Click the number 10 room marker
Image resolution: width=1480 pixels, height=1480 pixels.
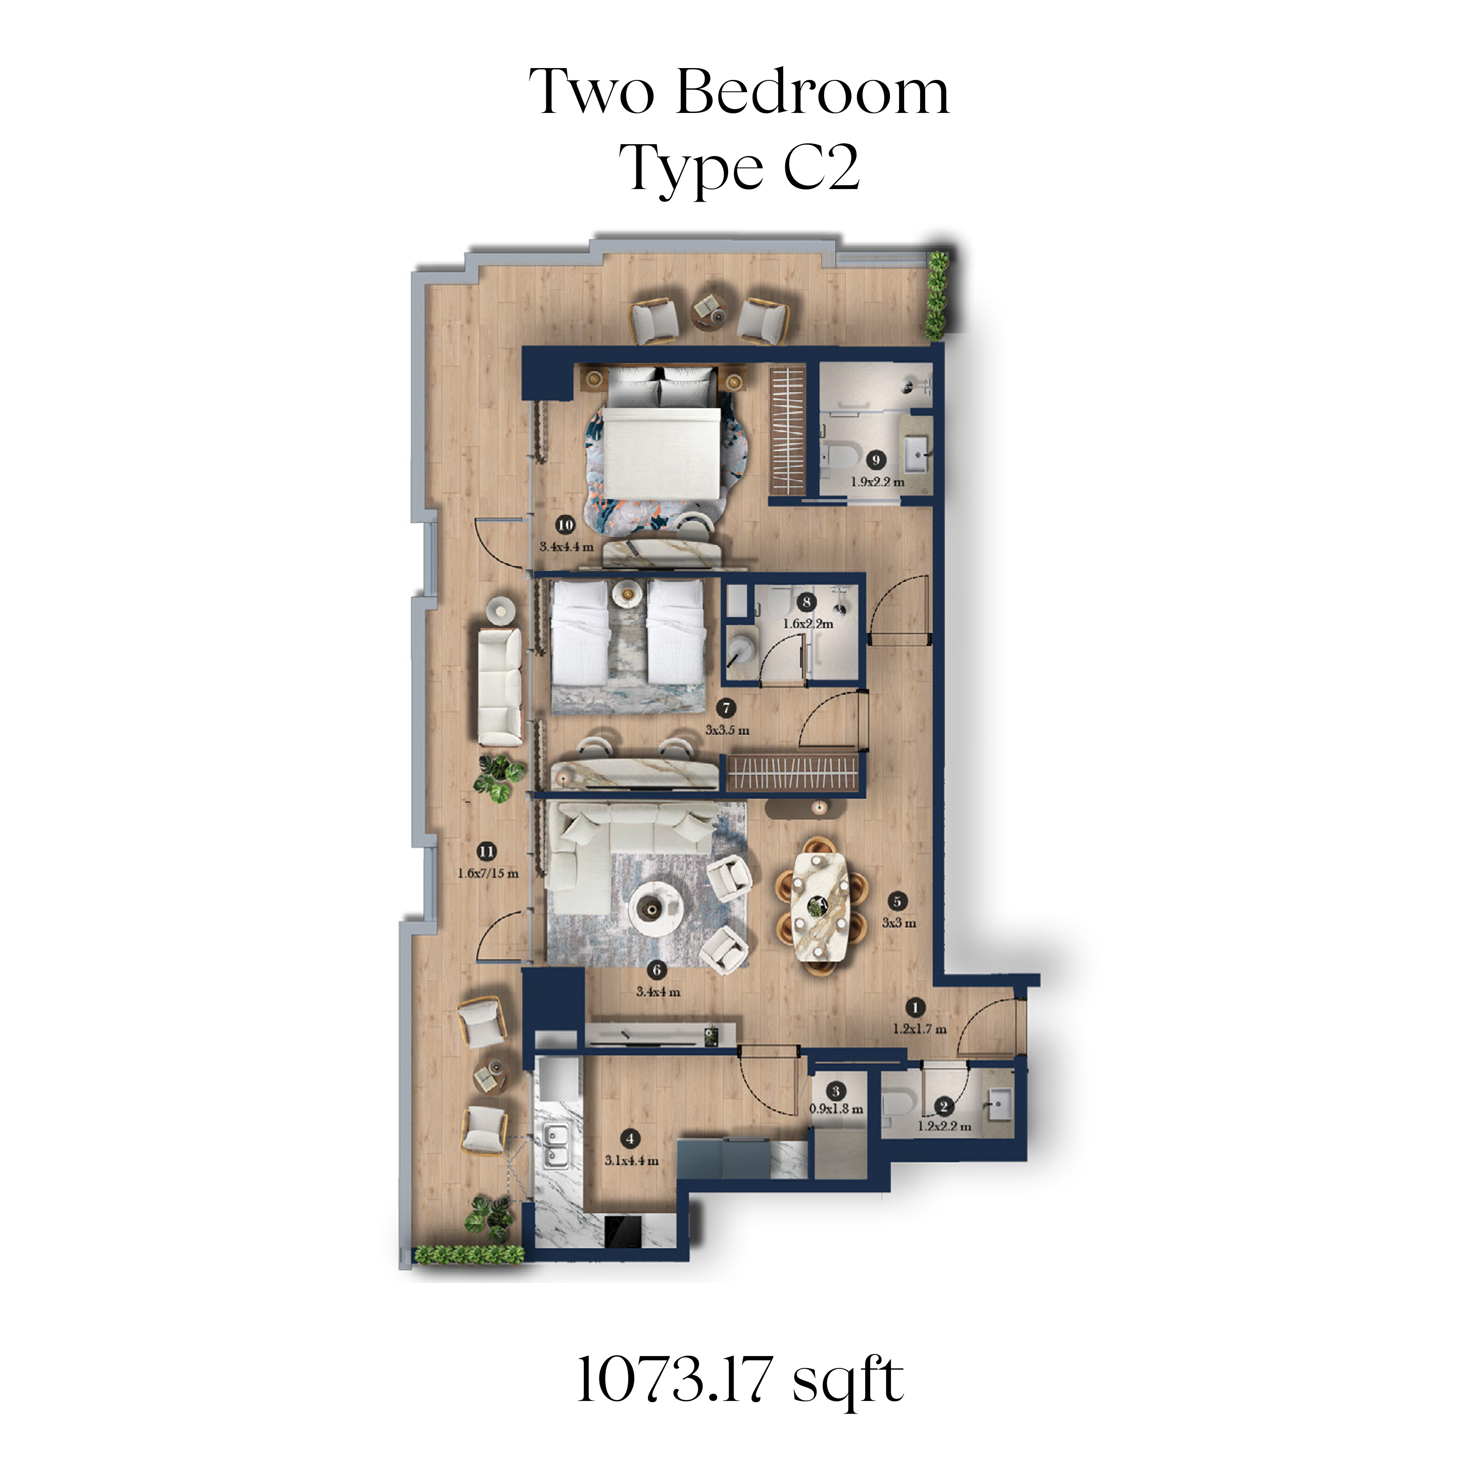pyautogui.click(x=565, y=525)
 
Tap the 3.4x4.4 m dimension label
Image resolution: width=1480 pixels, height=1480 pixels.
pyautogui.click(x=567, y=547)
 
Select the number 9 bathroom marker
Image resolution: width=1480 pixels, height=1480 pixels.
pyautogui.click(x=876, y=460)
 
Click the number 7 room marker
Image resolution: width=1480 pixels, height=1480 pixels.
pyautogui.click(x=726, y=709)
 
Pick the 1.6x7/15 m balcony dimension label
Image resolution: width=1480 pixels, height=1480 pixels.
pyautogui.click(x=488, y=873)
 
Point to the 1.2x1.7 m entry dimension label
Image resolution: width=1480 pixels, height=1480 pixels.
pyautogui.click(x=920, y=1029)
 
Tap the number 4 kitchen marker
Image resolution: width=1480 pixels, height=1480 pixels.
pyautogui.click(x=630, y=1139)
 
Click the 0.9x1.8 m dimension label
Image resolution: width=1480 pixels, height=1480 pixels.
pyautogui.click(x=836, y=1108)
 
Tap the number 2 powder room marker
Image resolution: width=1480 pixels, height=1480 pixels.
pyautogui.click(x=944, y=1105)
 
